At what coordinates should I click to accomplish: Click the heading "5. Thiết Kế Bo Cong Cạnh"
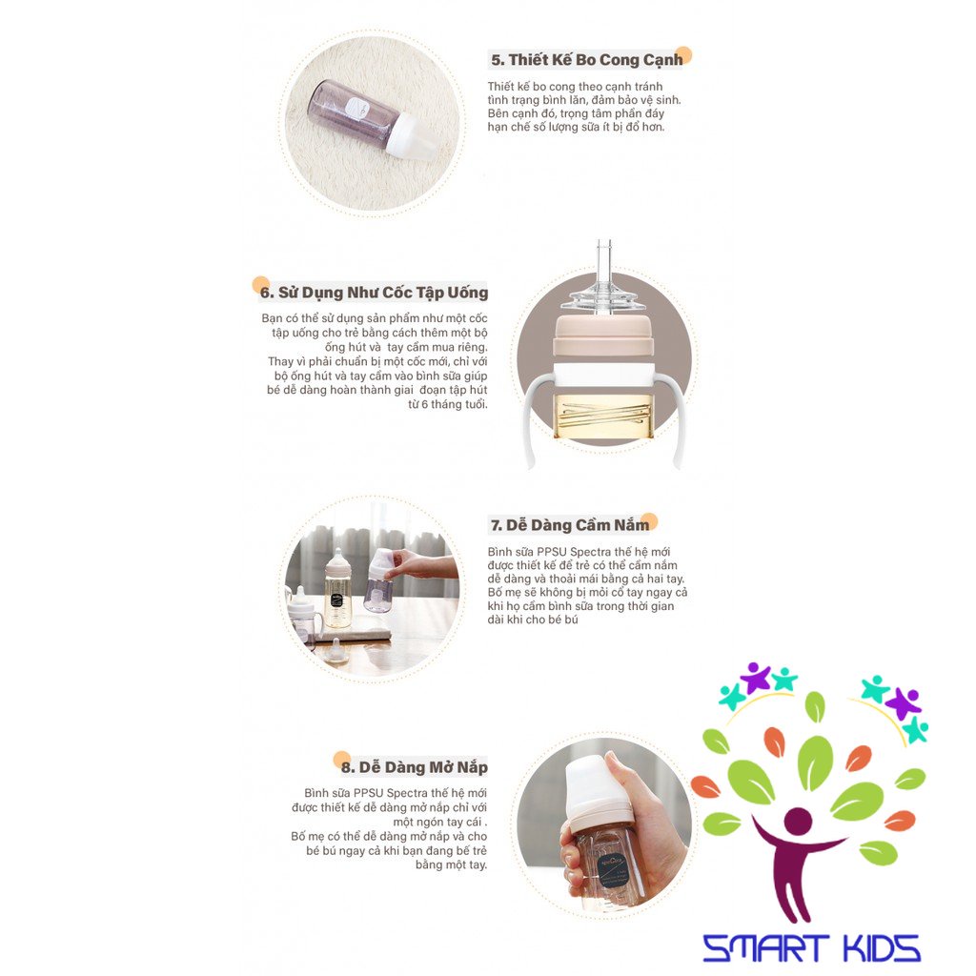[x=586, y=59]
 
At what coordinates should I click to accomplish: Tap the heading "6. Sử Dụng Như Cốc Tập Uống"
[x=374, y=293]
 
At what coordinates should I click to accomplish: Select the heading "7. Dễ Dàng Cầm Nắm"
[x=570, y=524]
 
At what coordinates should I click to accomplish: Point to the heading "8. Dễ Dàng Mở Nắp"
[x=414, y=766]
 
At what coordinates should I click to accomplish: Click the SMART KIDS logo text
[x=811, y=947]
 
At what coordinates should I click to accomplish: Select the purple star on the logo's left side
[x=756, y=678]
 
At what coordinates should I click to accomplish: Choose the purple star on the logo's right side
[x=901, y=703]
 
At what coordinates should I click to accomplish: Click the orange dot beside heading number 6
[x=259, y=283]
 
